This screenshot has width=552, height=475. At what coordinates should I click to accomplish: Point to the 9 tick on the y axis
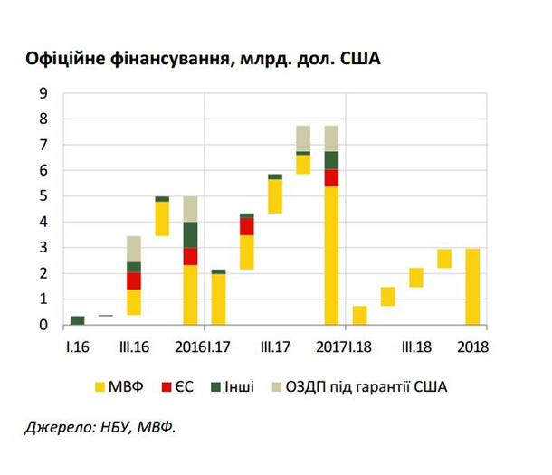(43, 93)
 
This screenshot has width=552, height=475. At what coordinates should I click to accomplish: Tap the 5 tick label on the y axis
(43, 196)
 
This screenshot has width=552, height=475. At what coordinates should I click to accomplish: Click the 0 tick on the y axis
(43, 326)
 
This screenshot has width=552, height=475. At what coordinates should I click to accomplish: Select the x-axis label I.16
(76, 347)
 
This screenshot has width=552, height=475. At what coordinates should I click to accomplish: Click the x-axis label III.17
(274, 347)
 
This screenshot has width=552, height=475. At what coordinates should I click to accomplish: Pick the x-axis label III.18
(416, 347)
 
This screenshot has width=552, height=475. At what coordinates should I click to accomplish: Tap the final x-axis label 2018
(472, 347)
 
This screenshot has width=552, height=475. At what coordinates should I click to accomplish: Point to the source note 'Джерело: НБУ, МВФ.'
(100, 427)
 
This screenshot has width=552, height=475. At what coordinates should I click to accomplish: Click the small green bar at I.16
(78, 320)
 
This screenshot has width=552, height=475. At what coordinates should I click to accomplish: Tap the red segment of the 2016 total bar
(190, 256)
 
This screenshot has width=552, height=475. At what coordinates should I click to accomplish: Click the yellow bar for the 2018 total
(472, 286)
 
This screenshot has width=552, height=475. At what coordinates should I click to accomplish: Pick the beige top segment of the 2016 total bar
(190, 209)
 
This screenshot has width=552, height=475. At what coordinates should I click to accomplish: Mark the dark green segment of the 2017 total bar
(331, 160)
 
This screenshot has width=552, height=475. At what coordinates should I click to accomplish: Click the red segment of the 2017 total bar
(331, 177)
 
